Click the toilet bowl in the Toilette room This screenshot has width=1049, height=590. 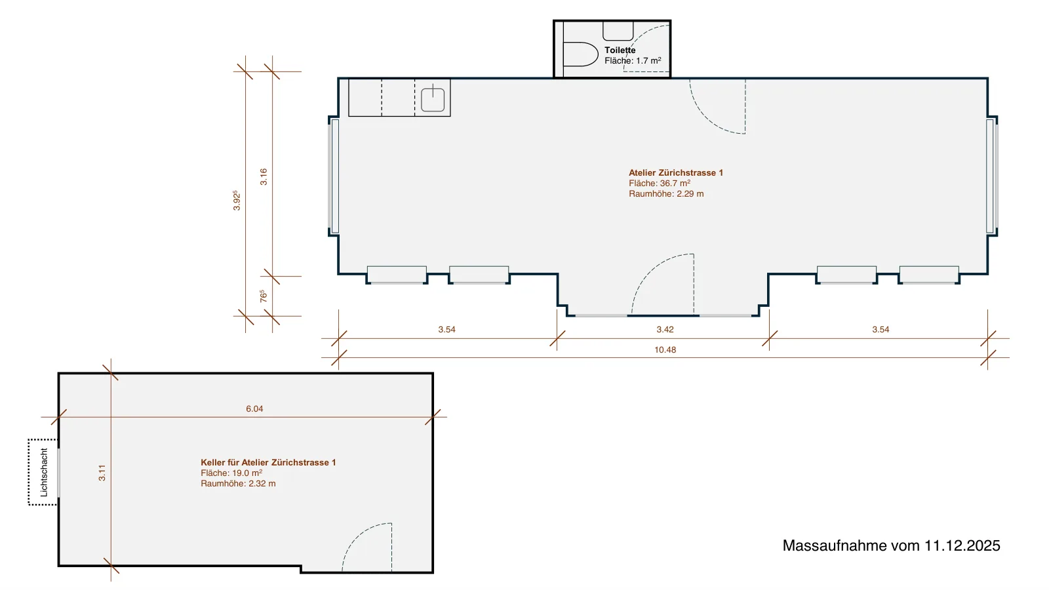click(581, 54)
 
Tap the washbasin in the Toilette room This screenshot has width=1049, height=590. click(618, 31)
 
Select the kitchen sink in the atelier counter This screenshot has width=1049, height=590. click(433, 99)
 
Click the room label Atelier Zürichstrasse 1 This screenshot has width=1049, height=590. click(676, 173)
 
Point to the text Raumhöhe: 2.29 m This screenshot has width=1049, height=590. click(666, 194)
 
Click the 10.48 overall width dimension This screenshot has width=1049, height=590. click(665, 350)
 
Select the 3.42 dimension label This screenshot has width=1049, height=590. click(665, 330)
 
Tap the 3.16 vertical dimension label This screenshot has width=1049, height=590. click(264, 176)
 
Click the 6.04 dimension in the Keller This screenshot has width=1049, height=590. click(254, 409)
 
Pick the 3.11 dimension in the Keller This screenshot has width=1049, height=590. click(102, 473)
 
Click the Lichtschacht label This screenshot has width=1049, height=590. click(44, 473)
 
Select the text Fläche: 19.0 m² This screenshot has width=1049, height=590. click(231, 473)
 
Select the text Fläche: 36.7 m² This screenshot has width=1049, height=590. click(660, 183)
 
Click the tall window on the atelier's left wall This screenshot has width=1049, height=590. click(335, 176)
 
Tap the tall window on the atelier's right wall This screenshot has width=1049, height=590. click(991, 176)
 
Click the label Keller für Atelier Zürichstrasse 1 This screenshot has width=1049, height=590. click(268, 463)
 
